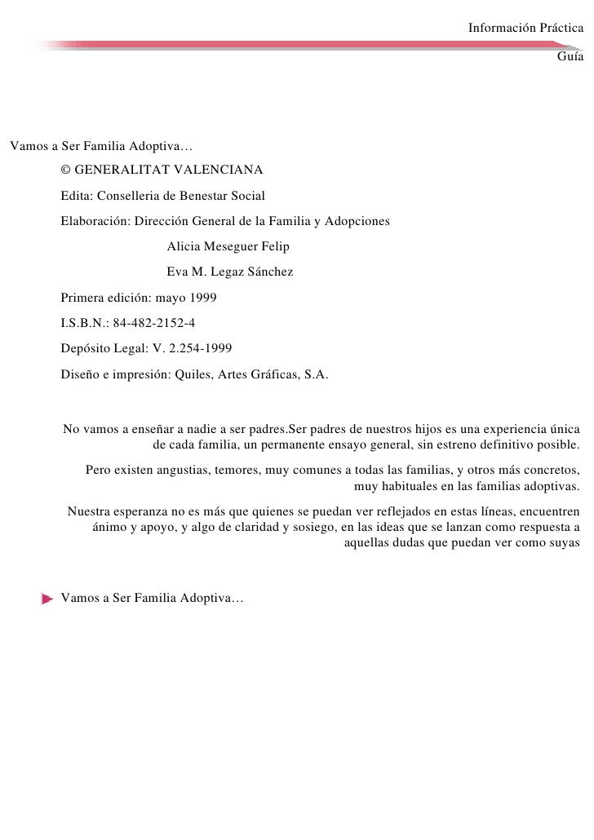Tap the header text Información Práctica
(525, 29)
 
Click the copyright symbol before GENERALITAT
(66, 170)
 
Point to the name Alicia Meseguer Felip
(228, 247)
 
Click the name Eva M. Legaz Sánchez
(229, 272)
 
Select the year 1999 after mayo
(202, 298)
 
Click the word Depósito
(86, 348)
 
